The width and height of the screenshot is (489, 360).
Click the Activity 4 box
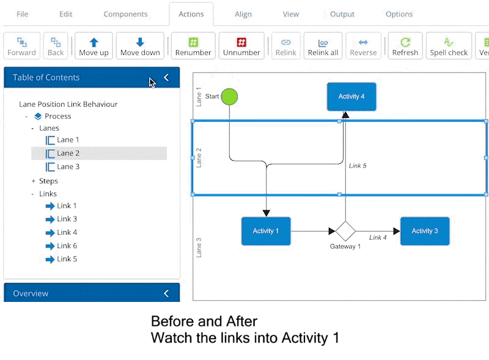tap(351, 97)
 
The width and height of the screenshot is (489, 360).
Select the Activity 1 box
tap(266, 231)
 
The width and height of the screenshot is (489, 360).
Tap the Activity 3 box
tap(424, 231)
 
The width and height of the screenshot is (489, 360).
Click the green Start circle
tap(229, 97)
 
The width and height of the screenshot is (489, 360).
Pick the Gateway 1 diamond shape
tap(345, 231)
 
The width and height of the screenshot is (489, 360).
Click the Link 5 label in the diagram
tap(358, 166)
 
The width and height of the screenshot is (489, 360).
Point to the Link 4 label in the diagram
tap(378, 237)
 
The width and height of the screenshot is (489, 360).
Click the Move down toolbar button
tap(140, 46)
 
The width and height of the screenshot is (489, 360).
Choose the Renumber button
tap(193, 46)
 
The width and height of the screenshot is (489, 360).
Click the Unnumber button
tap(241, 46)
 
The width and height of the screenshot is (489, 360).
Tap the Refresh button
tap(405, 46)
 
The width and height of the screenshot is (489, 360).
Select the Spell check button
tap(449, 46)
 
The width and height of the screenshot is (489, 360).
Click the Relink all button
tap(323, 46)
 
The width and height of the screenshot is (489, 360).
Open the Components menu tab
tap(125, 14)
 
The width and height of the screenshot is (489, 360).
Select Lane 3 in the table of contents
tap(68, 167)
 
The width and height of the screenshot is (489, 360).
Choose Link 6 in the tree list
tap(67, 246)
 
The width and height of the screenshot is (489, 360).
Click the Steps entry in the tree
tap(48, 181)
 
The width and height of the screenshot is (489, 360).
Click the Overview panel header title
tap(31, 293)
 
